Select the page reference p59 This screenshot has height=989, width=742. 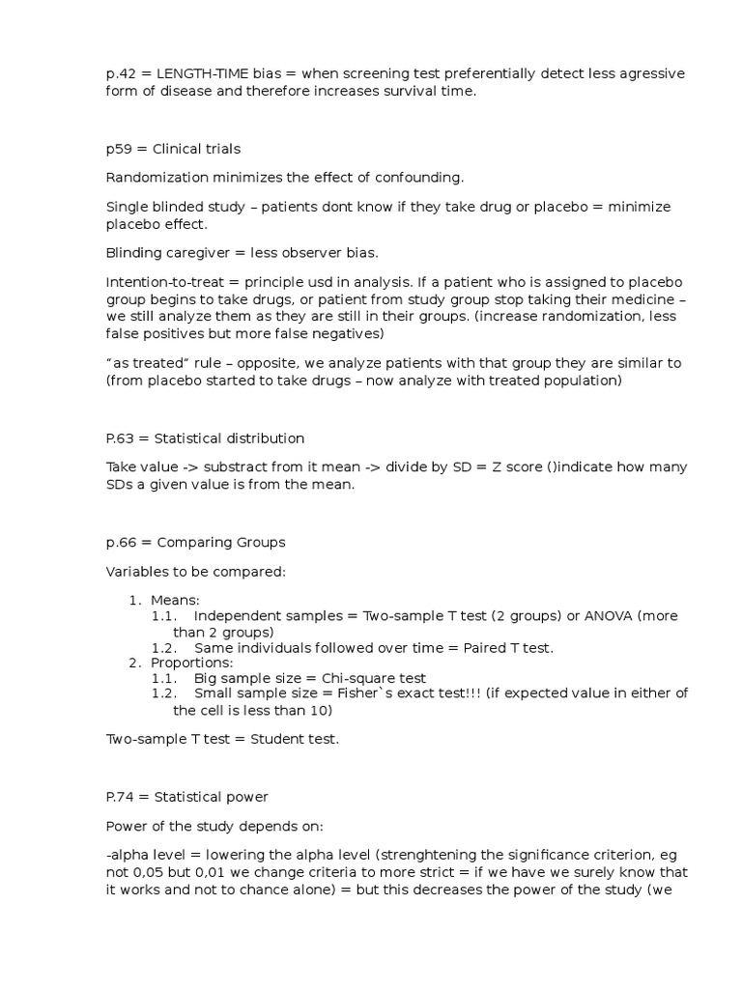coord(121,149)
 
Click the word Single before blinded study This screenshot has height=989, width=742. coord(126,207)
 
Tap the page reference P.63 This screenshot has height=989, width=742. coord(123,438)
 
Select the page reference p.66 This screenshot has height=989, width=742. coord(123,543)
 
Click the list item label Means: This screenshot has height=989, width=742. coord(175,601)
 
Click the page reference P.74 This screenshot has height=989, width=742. coord(123,798)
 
